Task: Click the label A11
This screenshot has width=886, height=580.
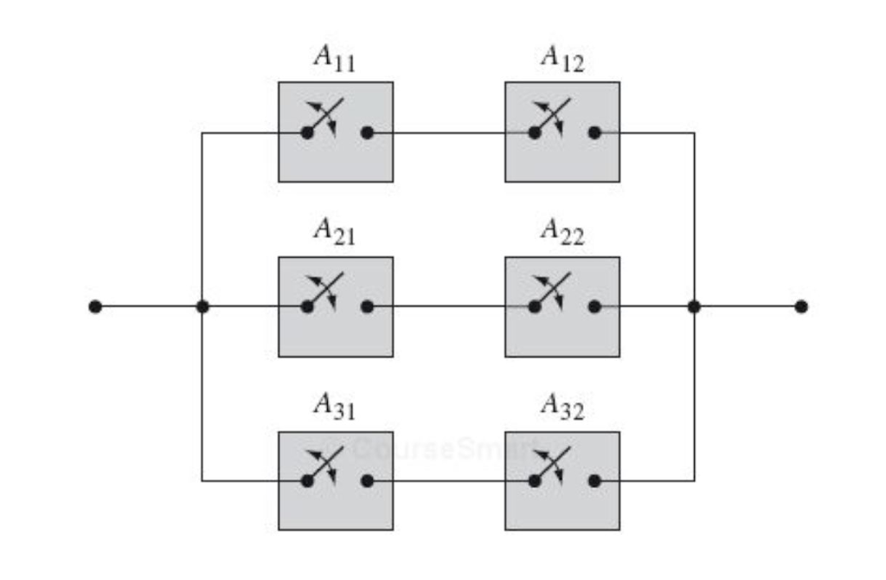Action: tap(334, 60)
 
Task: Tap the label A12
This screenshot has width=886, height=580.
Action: tap(562, 60)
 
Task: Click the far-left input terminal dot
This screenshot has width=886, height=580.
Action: tap(95, 306)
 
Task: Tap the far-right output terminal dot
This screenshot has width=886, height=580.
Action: tap(801, 306)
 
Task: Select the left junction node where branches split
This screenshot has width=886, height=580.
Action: tap(202, 306)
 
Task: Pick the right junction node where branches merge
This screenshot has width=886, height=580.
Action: tap(693, 306)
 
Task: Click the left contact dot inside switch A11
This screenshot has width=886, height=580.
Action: tap(306, 133)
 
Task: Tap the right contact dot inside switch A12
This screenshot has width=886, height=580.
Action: tap(594, 133)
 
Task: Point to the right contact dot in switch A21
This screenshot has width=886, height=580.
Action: tap(367, 306)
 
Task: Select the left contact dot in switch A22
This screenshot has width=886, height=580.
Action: tap(535, 306)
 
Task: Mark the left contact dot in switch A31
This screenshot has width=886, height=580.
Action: tap(306, 480)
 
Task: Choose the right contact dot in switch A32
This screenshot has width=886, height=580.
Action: tap(594, 480)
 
